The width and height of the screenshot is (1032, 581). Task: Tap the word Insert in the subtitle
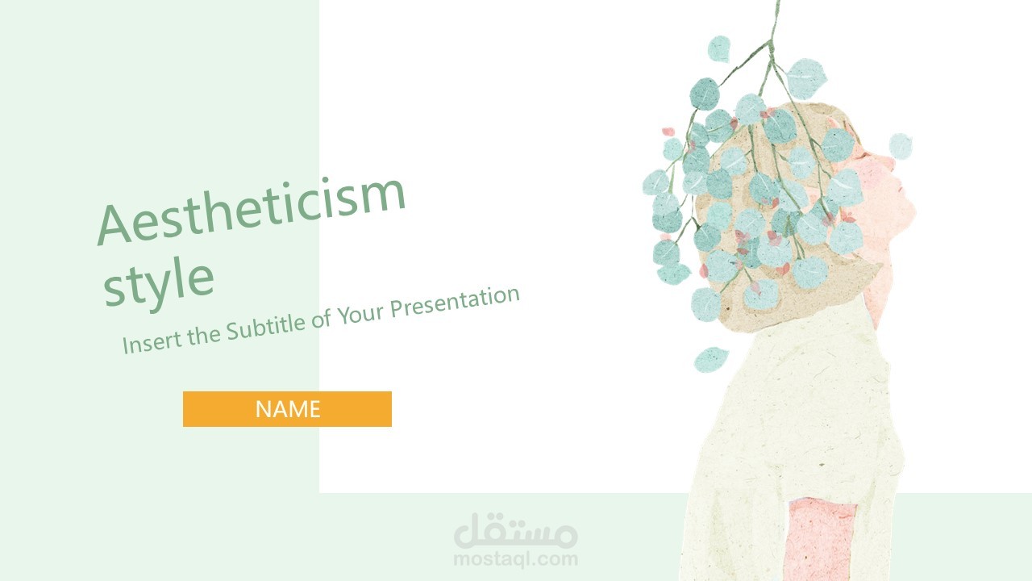coord(152,341)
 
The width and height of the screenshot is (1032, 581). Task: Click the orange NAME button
coord(287,409)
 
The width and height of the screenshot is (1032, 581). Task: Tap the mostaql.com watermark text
coord(516,558)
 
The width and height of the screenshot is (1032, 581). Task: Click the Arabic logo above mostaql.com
coord(516,531)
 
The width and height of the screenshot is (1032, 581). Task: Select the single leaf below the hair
coord(711,359)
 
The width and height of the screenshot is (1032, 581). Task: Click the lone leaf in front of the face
coord(901,146)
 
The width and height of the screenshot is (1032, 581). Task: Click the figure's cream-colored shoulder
coord(798,363)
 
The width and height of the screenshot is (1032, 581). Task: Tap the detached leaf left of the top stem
coord(718,48)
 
